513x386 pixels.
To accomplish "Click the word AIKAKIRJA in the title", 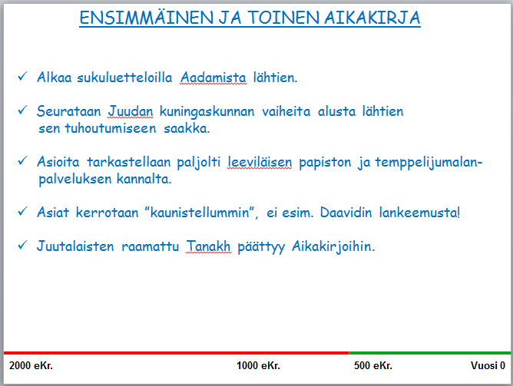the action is [372, 18].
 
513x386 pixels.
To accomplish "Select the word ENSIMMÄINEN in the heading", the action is [147, 17].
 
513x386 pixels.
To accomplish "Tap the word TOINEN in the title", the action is [283, 18].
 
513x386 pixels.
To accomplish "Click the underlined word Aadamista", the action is [213, 78].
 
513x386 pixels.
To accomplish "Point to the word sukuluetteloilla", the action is [124, 78].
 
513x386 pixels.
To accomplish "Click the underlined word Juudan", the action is [131, 111].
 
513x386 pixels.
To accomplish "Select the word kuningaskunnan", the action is [207, 112].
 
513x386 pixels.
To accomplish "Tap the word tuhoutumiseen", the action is [111, 128].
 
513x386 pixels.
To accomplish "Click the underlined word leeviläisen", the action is [260, 162].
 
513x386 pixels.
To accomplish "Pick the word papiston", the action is [325, 163].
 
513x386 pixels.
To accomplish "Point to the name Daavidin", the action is [346, 213].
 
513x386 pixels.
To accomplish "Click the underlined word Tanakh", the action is [208, 246].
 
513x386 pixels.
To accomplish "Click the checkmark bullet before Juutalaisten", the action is [22, 245].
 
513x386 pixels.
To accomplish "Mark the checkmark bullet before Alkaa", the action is [22, 76].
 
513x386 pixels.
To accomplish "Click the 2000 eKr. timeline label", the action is [31, 365].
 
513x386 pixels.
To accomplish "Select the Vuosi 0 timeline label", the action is [488, 365].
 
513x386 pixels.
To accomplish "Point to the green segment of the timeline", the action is [430, 353].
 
